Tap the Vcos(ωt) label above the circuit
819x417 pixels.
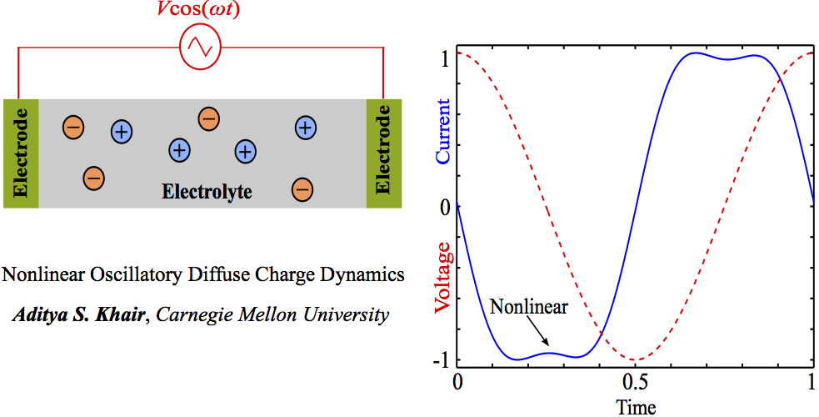[201, 12]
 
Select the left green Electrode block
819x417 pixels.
[21, 153]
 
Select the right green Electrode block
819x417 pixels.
[384, 153]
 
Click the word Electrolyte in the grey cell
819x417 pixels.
[207, 193]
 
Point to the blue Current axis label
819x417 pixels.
[443, 131]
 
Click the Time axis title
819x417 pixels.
[635, 407]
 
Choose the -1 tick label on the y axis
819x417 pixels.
[442, 360]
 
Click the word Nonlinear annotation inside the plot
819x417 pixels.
[528, 307]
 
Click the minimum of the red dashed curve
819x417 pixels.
[635, 360]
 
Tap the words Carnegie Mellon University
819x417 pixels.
[272, 315]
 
